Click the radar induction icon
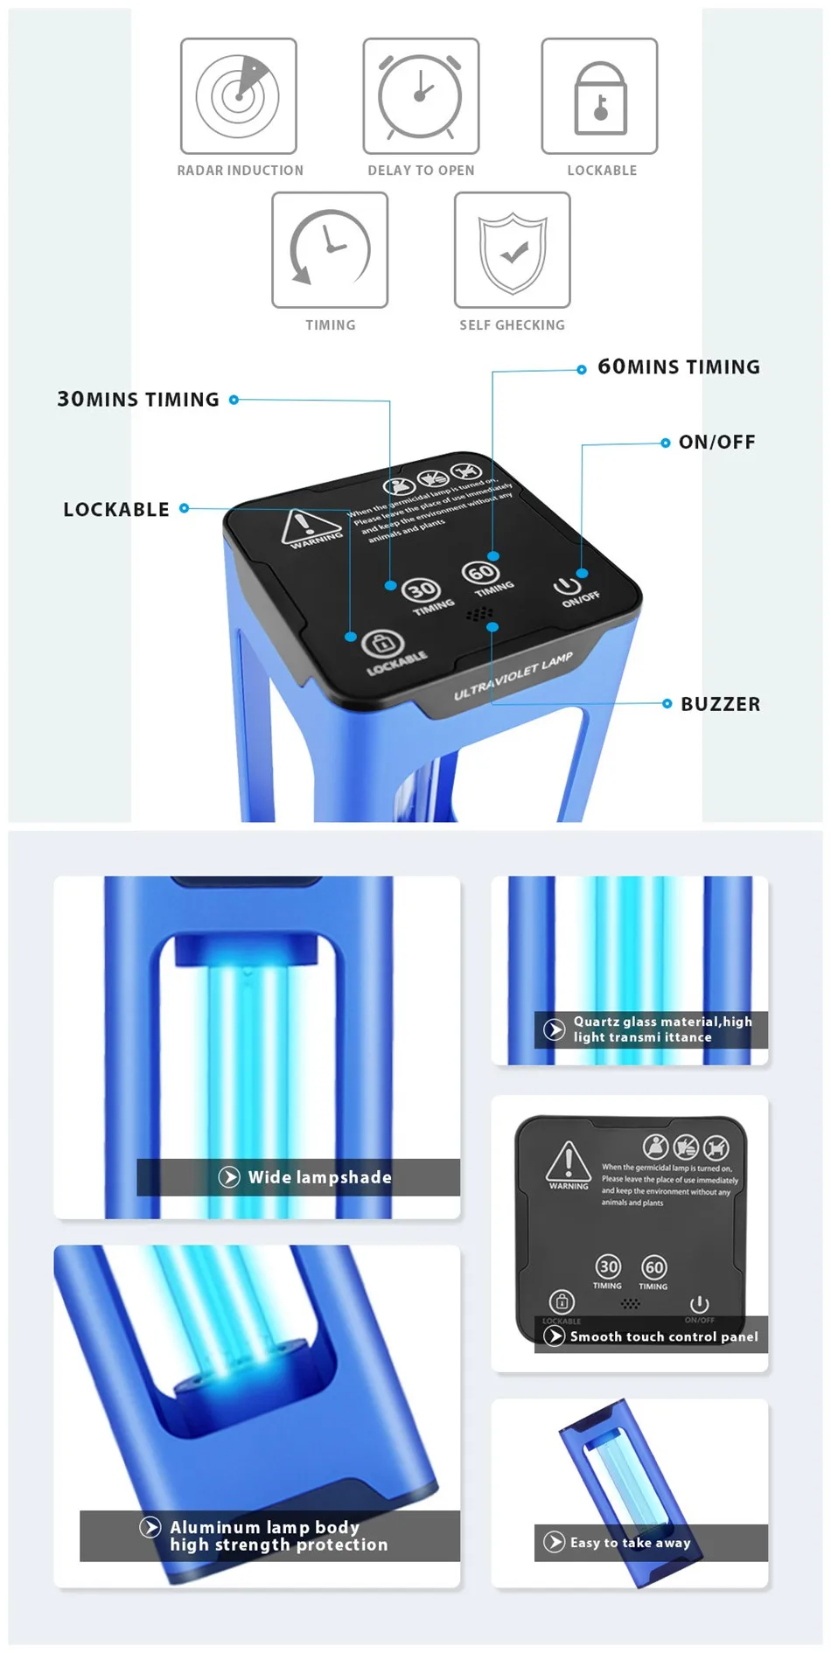click(x=238, y=95)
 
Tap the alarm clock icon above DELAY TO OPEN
click(x=421, y=95)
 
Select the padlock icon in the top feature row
click(x=600, y=97)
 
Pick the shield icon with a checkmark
click(x=513, y=250)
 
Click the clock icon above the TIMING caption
click(x=330, y=249)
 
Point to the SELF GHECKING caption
click(x=513, y=325)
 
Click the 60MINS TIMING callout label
click(x=679, y=367)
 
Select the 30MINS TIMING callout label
click(x=138, y=400)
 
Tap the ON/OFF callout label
click(x=717, y=443)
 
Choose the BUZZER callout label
click(x=721, y=704)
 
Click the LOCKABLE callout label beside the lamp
click(x=116, y=510)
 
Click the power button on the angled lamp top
click(x=567, y=585)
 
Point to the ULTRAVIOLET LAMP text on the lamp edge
click(x=513, y=676)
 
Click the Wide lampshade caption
click(x=319, y=1177)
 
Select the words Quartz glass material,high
click(x=662, y=1022)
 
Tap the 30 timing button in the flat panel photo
click(x=608, y=1266)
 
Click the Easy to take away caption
click(x=630, y=1543)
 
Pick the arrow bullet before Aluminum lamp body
click(x=150, y=1527)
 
